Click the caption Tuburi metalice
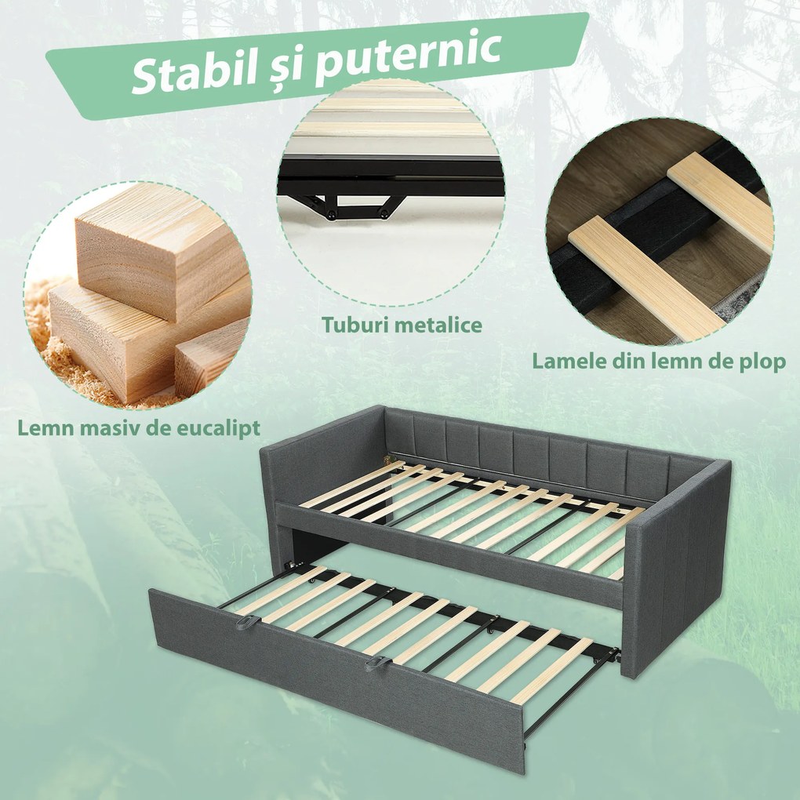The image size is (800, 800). (402, 324)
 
